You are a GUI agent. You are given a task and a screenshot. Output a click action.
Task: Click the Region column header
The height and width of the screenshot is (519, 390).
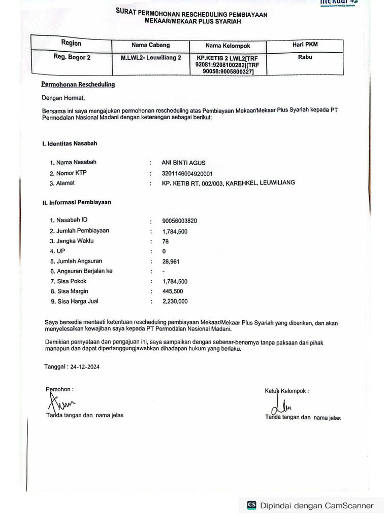[x=71, y=44]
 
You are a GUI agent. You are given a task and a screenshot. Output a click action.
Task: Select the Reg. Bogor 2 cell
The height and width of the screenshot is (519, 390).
[x=72, y=57]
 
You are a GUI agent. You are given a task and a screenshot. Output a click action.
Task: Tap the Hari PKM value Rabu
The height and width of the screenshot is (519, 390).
[x=305, y=57]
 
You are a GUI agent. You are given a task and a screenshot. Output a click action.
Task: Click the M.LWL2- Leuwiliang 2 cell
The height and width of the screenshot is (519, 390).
[x=151, y=58]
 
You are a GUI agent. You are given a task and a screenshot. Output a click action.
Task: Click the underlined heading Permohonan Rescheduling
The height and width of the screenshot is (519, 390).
[x=78, y=84]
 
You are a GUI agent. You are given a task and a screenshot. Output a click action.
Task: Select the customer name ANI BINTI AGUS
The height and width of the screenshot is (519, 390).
[x=183, y=163]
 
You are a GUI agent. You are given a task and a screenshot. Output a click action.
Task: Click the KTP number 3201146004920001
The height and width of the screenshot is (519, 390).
[x=187, y=173]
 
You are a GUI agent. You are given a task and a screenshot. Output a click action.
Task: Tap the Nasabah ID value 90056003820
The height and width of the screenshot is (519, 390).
[x=180, y=221]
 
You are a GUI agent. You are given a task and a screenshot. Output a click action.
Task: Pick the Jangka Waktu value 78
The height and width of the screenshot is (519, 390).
[x=166, y=242]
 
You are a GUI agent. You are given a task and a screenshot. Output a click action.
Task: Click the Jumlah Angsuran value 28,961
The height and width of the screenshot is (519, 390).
[x=171, y=262]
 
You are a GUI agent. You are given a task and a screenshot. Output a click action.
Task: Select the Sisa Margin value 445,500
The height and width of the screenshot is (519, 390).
[x=173, y=291]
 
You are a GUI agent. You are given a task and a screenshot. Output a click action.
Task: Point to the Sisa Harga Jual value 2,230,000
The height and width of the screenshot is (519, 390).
[x=175, y=302]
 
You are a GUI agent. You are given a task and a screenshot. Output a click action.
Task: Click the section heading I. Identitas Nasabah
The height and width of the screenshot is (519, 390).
[x=70, y=143]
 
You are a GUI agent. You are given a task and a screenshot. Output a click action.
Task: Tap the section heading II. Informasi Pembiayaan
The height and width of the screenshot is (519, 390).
[x=76, y=202]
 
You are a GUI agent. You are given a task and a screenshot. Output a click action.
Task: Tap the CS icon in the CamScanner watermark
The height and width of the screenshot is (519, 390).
[x=251, y=505]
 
